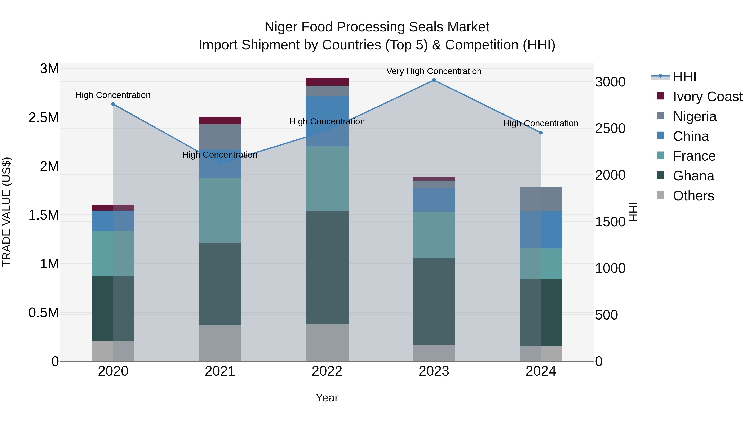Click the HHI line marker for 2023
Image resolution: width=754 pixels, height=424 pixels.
coord(434,80)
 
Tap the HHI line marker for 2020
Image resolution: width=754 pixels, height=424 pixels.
coord(113,104)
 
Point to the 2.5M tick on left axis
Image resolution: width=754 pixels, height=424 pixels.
coord(44,118)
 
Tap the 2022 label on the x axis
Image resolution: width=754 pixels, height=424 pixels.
coord(327,371)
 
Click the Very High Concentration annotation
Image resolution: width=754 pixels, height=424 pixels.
coord(434,71)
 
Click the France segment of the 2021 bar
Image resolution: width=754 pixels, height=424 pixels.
coord(220,210)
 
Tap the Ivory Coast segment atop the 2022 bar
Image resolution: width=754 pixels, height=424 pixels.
coord(327,82)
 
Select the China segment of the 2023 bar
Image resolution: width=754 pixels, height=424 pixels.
coord(434,200)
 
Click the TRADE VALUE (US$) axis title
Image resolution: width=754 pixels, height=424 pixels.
coord(6,212)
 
